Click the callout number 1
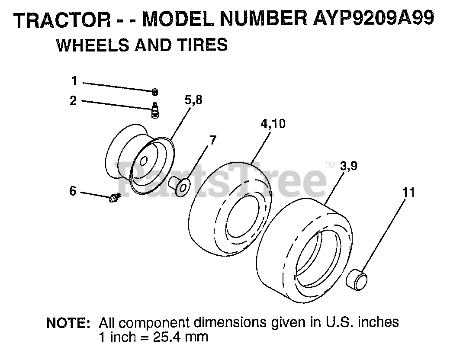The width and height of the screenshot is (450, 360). click(x=74, y=80)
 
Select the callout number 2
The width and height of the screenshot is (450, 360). click(x=73, y=101)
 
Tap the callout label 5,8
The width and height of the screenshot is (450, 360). click(x=193, y=100)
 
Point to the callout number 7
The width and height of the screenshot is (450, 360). click(x=212, y=140)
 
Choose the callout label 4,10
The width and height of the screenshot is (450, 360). click(x=273, y=124)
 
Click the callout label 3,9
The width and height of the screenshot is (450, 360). click(x=349, y=166)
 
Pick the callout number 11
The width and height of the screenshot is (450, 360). click(x=408, y=193)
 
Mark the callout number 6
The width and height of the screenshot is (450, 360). click(x=73, y=191)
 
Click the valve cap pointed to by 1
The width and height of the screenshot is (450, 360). click(x=155, y=92)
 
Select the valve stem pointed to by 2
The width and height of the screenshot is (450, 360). click(x=155, y=110)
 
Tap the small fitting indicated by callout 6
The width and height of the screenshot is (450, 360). click(x=115, y=197)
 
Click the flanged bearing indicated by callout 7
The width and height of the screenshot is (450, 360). click(x=180, y=186)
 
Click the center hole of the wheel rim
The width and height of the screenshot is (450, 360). click(x=144, y=161)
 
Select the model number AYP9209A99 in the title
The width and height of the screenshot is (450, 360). click(x=374, y=19)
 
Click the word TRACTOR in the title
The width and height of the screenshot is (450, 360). click(x=62, y=20)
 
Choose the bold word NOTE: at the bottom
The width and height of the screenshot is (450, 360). click(x=68, y=323)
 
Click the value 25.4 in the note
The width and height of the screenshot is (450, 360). click(x=165, y=337)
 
